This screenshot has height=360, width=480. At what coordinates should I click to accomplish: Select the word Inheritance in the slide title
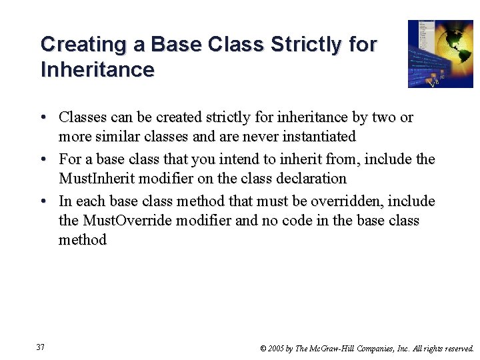coord(97,69)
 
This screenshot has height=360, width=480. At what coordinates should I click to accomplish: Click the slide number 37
coord(41,347)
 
